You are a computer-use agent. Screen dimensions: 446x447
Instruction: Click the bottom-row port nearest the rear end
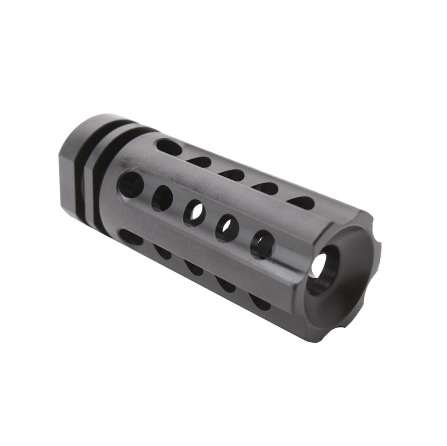pyautogui.click(x=131, y=237)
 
